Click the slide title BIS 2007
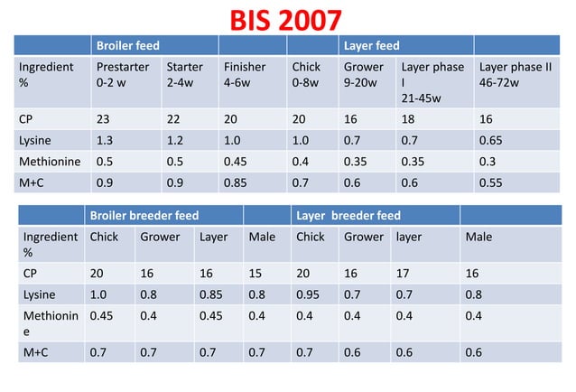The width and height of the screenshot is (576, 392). click(x=286, y=20)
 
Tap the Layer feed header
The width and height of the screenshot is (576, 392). click(x=371, y=45)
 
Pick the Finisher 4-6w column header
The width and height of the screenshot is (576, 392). click(x=245, y=74)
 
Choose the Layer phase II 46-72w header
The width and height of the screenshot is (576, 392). click(x=516, y=74)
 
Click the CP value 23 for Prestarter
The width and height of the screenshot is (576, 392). click(x=105, y=117)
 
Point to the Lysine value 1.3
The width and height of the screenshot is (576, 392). click(x=105, y=140)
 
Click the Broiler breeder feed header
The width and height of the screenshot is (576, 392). click(x=144, y=216)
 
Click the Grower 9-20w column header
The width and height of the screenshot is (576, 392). click(x=364, y=74)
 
